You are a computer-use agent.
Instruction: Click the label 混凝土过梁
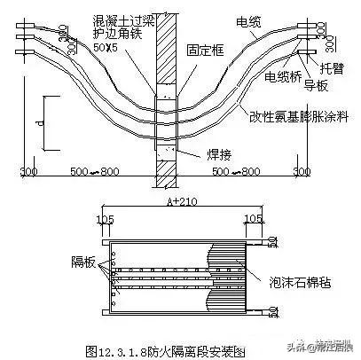pyautogui.click(x=126, y=18)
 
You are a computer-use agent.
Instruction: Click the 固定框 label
pyautogui.click(x=202, y=51)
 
